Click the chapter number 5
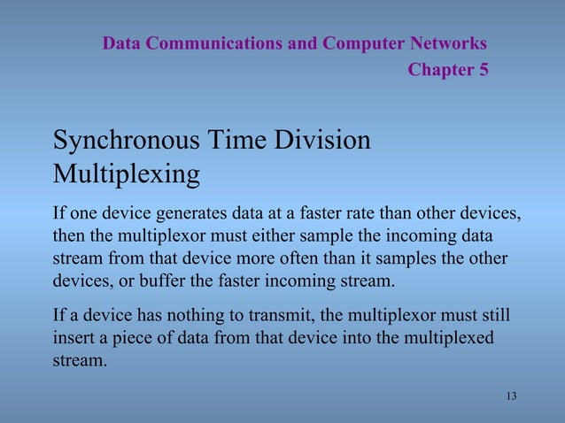[x=483, y=70]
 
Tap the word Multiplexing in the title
[x=126, y=173]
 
